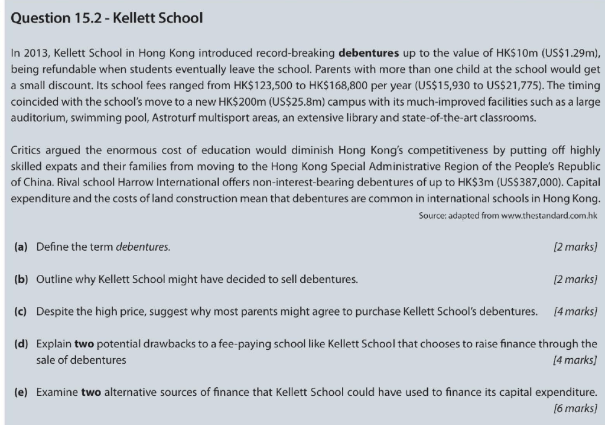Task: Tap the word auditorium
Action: pos(37,117)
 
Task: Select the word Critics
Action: pos(26,150)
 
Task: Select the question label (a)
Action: pos(22,246)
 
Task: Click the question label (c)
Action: pos(22,311)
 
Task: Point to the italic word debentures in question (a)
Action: pos(142,246)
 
